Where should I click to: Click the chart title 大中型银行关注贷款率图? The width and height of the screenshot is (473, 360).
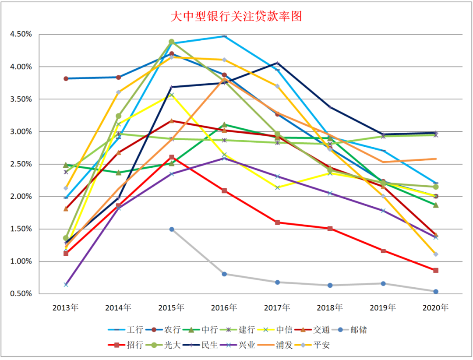[236, 17]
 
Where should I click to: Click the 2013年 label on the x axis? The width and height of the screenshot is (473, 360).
[65, 307]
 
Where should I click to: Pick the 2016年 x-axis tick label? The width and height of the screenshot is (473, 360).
[224, 307]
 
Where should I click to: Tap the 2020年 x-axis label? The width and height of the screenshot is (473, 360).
[436, 307]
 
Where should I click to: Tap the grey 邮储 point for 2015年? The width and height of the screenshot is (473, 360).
[172, 229]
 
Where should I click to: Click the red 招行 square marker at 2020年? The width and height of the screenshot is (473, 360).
[436, 270]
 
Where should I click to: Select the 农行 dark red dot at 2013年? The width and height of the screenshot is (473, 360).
[66, 78]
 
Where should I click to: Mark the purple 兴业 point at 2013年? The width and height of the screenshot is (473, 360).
[66, 285]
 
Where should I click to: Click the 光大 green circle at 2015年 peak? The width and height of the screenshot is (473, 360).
[172, 42]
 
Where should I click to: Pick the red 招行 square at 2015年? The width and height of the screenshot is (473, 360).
[172, 157]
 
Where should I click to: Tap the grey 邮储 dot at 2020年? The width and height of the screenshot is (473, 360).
[436, 292]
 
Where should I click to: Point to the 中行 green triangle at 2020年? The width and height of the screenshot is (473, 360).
[436, 205]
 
